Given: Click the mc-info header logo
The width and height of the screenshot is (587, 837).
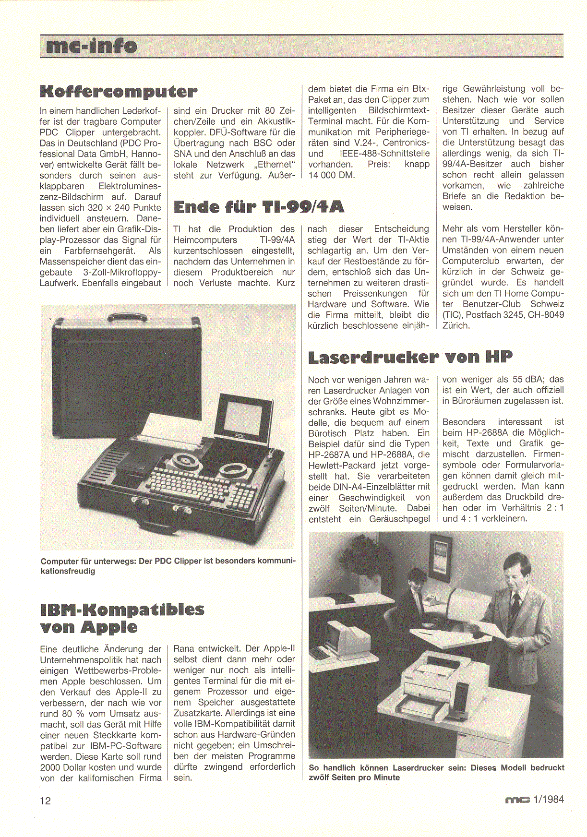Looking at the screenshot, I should tap(91, 46).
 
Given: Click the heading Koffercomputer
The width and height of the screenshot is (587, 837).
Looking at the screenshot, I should tap(119, 91).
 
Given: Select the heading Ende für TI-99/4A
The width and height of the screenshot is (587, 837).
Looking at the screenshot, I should tap(259, 207).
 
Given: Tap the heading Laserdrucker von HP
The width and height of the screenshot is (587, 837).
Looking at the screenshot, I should tap(410, 357).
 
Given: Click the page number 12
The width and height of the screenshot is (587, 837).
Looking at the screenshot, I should tap(45, 801).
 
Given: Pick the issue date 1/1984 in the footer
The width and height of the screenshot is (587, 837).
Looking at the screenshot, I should tap(549, 800).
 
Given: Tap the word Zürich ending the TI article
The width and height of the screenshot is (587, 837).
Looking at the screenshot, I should tap(455, 325).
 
